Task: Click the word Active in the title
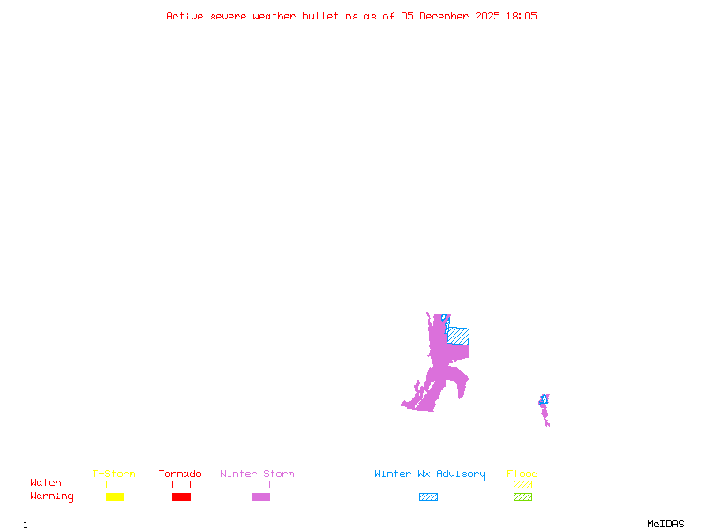click(x=185, y=16)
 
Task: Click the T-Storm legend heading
click(x=114, y=474)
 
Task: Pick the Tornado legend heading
click(x=180, y=474)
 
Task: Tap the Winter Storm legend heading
click(x=257, y=474)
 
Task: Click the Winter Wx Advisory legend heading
click(x=430, y=474)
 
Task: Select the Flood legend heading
click(x=522, y=474)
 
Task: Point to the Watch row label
click(x=46, y=483)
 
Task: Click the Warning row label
click(x=52, y=496)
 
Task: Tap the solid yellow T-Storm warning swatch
click(x=115, y=496)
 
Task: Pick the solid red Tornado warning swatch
click(x=181, y=496)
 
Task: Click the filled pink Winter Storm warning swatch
click(x=260, y=496)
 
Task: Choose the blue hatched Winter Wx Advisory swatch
click(x=428, y=496)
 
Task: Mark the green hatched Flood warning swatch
click(x=522, y=496)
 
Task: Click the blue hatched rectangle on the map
click(x=459, y=336)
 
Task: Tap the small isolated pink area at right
click(x=545, y=410)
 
